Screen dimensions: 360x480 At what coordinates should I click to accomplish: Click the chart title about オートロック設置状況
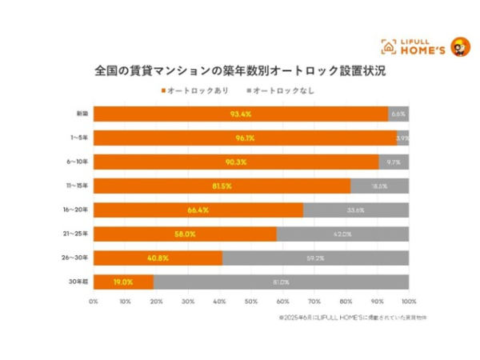(240, 70)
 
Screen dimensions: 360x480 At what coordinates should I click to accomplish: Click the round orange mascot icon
(460, 46)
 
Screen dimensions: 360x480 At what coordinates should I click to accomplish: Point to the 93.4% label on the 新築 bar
(241, 114)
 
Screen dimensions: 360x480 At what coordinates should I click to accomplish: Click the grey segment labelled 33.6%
(356, 210)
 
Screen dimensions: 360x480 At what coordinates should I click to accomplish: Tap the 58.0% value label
(184, 234)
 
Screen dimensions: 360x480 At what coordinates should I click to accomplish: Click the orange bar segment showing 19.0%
(122, 282)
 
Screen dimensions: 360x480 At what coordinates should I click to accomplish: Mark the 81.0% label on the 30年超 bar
(280, 282)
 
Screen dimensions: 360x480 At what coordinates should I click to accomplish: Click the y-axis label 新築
(82, 114)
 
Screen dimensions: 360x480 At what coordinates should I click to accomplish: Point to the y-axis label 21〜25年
(79, 234)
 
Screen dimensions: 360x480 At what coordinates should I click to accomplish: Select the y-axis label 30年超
(81, 282)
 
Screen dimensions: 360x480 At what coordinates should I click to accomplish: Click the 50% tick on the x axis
(251, 302)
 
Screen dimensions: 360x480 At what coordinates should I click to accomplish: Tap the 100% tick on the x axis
(409, 302)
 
